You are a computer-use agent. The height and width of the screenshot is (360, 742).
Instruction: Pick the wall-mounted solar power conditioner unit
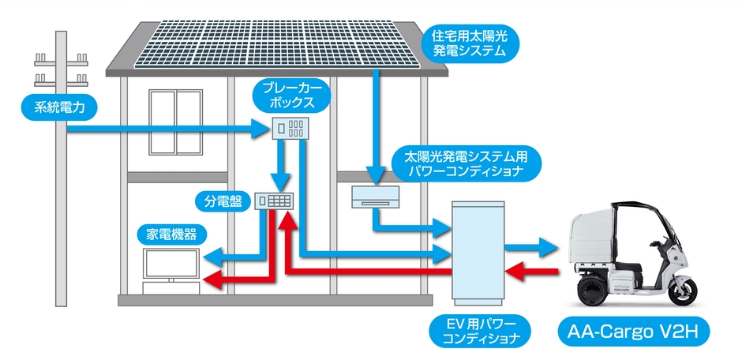375,197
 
